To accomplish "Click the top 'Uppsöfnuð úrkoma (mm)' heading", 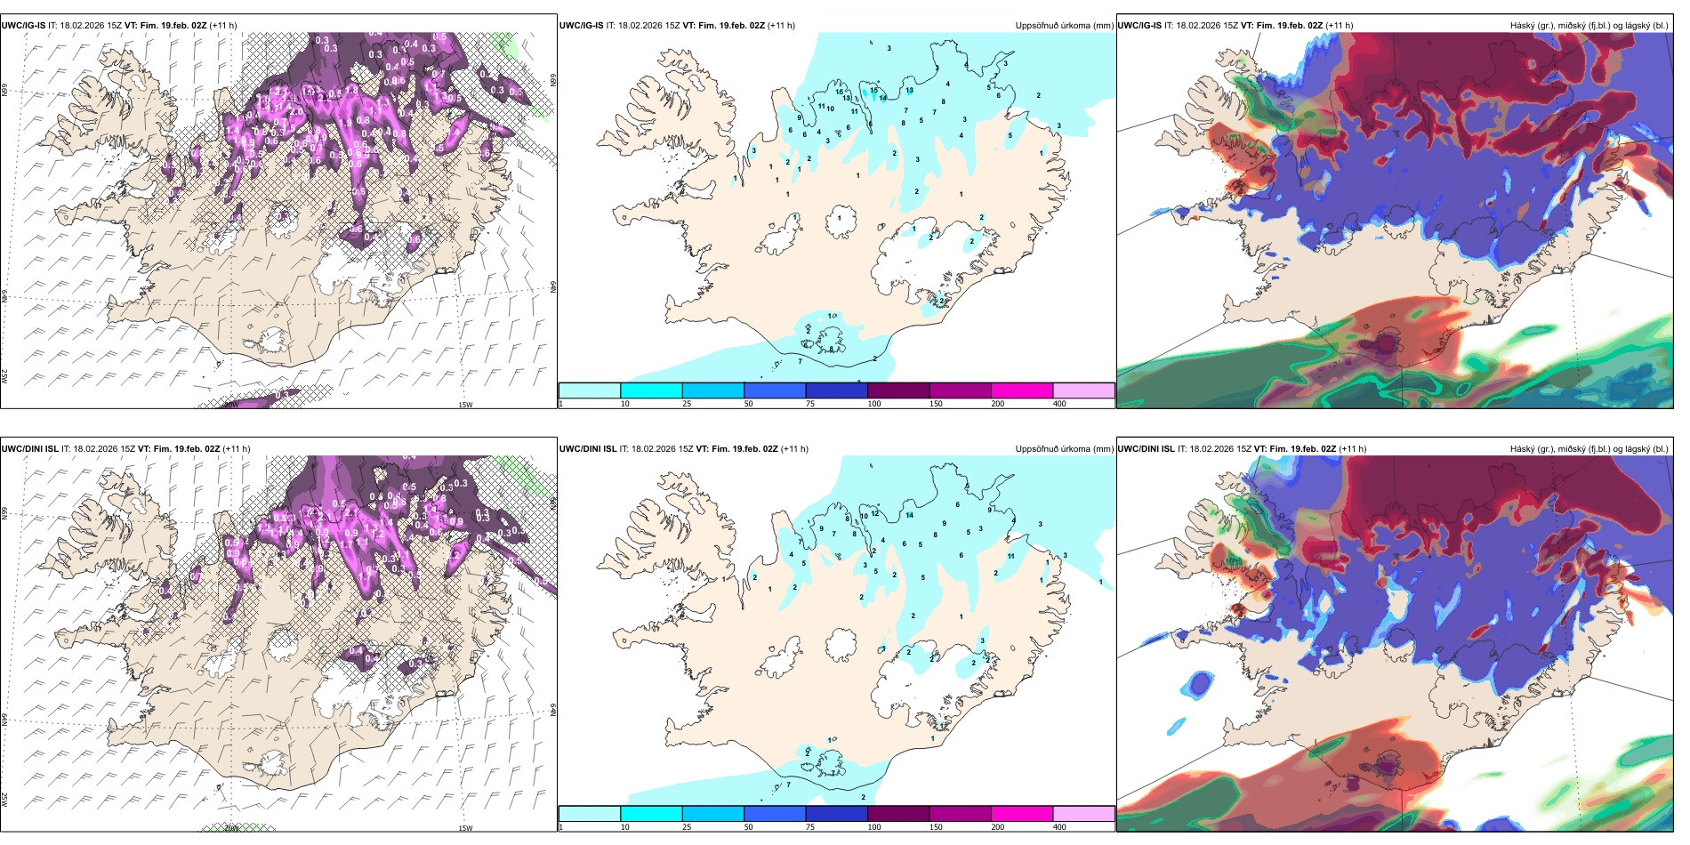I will [x=1064, y=26].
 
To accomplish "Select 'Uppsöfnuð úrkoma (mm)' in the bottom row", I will [x=1064, y=449].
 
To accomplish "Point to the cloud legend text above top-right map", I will [x=1589, y=26].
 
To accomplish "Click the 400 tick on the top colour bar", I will [x=1059, y=404].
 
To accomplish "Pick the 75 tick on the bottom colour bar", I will [x=810, y=827].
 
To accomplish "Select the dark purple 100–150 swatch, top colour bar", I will [x=897, y=390].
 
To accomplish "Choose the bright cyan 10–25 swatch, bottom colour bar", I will [x=651, y=814].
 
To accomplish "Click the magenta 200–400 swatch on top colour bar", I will [x=1021, y=390].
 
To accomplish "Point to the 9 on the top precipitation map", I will [x=800, y=118].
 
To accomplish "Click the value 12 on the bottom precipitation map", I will [x=875, y=513].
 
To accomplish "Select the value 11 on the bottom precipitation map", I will [x=1010, y=556].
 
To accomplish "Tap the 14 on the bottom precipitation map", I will [x=910, y=515].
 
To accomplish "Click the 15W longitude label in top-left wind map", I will [x=464, y=405].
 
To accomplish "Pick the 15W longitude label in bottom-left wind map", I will [x=464, y=828].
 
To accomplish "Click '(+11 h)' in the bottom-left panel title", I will [x=236, y=449].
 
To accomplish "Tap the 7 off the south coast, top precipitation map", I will [x=800, y=361].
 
